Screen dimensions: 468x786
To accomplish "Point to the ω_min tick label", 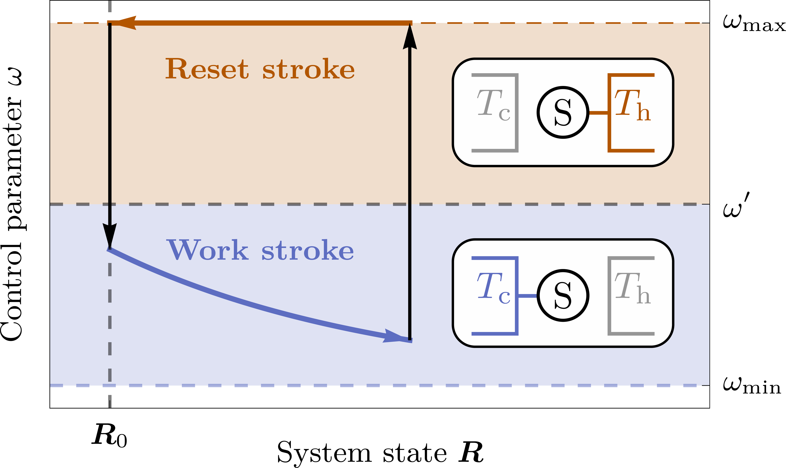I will (x=752, y=386).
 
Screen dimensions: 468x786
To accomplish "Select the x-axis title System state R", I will (x=380, y=453).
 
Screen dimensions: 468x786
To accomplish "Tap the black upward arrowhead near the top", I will (x=410, y=38).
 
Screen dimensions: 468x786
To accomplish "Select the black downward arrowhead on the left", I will (x=110, y=235).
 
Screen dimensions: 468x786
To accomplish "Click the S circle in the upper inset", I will (x=563, y=112).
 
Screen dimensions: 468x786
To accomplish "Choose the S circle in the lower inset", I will (x=563, y=296).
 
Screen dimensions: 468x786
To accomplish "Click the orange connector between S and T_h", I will (x=598, y=113).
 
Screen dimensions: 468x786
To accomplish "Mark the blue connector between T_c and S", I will (x=527, y=296).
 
